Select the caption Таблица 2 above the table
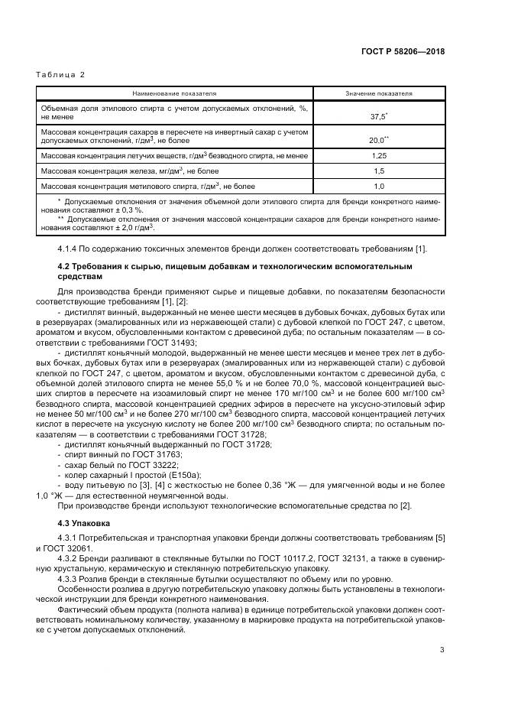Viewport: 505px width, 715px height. tap(60, 75)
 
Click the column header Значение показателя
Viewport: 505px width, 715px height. tap(379, 93)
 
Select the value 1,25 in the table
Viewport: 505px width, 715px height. tap(379, 155)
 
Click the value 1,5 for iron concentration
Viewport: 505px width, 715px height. tap(379, 171)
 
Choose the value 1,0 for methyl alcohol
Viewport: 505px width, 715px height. tap(379, 186)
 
